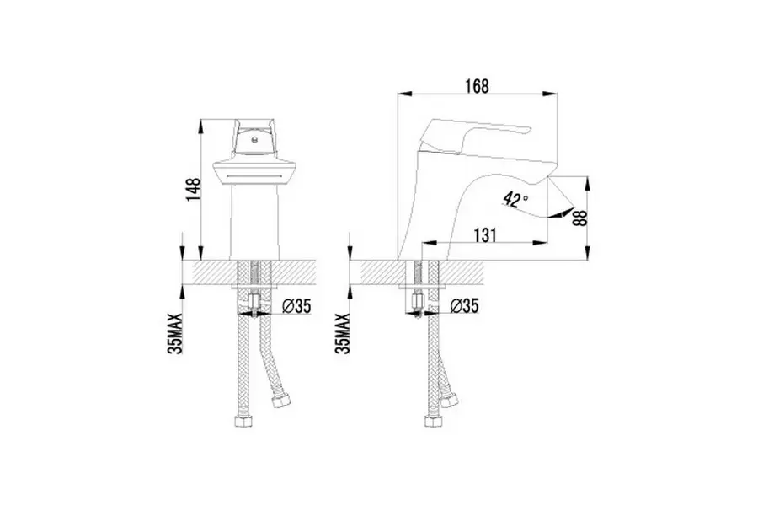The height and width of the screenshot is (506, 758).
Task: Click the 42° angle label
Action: pyautogui.click(x=515, y=199)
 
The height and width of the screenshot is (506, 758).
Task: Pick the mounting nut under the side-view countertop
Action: pyautogui.click(x=418, y=299)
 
